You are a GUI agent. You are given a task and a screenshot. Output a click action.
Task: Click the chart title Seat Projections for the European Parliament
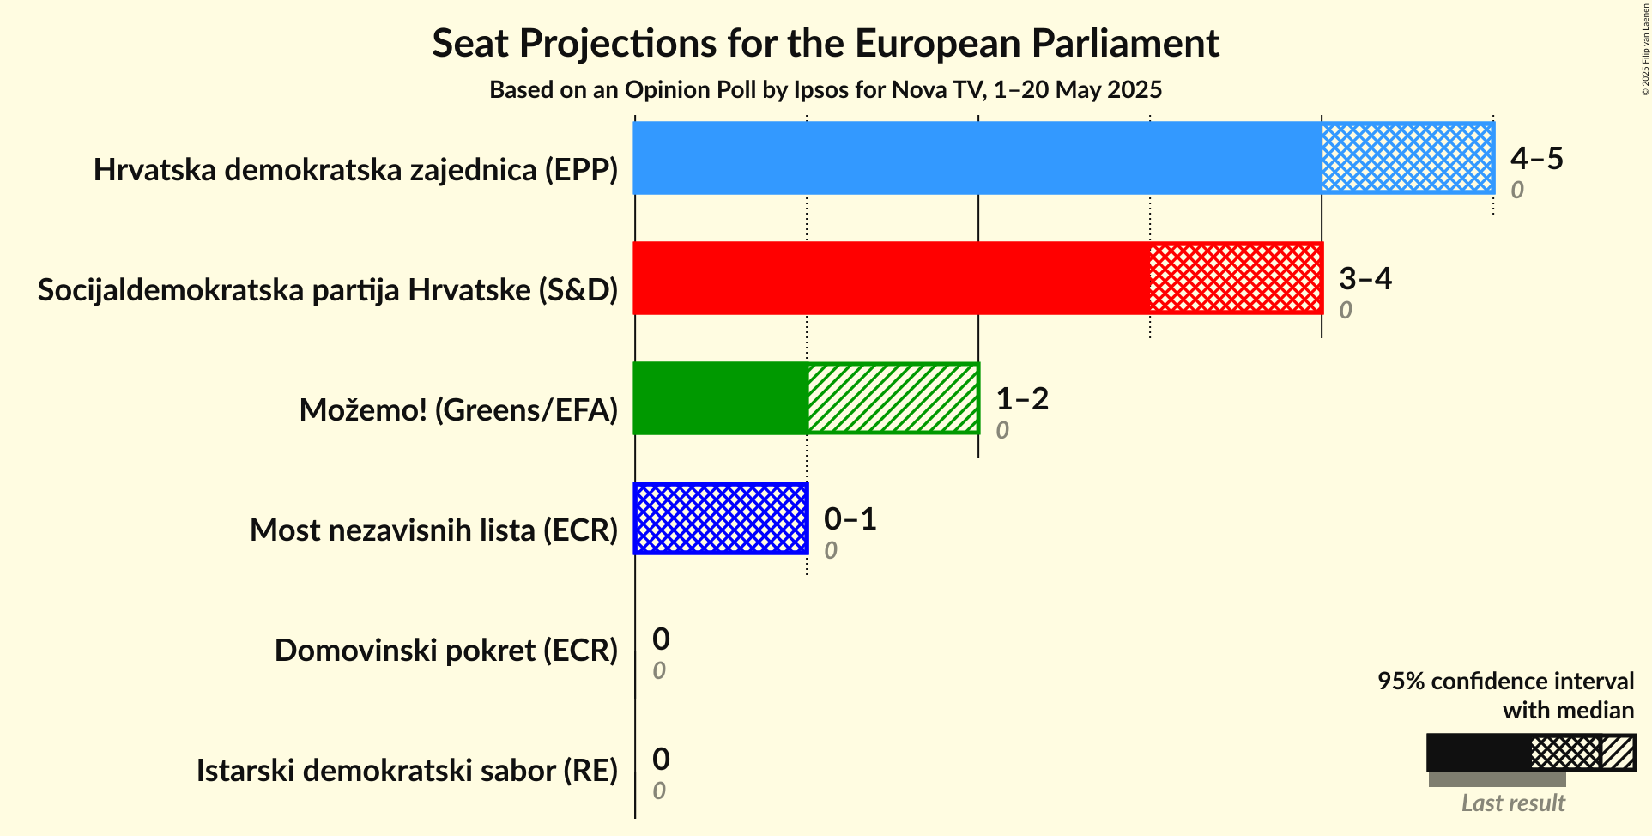[x=825, y=43]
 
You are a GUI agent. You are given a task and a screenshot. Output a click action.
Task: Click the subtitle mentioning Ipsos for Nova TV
[x=825, y=90]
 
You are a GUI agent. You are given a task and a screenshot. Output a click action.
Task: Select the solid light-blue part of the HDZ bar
[x=977, y=158]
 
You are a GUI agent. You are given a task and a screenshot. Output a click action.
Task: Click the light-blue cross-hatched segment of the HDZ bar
[x=1407, y=158]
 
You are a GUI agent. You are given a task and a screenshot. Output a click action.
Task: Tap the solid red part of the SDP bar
[x=891, y=278]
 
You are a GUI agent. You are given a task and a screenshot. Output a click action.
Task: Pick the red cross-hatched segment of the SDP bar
[x=1236, y=278]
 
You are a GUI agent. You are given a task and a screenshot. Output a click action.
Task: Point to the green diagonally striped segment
[x=893, y=398]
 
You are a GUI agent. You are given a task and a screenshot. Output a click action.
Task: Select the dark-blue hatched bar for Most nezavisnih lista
[x=721, y=518]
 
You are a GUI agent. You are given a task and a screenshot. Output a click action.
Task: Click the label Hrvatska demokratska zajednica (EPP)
[x=355, y=170]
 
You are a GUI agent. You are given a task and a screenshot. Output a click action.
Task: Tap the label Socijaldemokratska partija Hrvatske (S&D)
[x=328, y=290]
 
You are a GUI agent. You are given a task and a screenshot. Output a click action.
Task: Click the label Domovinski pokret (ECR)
[x=446, y=651]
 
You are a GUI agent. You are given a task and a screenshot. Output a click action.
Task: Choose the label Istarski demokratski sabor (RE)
[x=407, y=771]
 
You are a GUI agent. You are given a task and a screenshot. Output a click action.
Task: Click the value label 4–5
[x=1536, y=158]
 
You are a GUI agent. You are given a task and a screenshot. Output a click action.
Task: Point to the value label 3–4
[x=1365, y=278]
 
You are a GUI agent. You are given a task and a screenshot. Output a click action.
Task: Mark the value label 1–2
[x=1021, y=398]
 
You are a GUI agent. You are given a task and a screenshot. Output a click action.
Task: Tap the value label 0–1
[x=850, y=518]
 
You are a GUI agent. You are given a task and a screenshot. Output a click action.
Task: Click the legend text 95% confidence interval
[x=1505, y=682]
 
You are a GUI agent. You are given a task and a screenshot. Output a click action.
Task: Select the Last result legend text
[x=1513, y=803]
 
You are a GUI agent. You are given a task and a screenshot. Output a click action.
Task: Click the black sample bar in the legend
[x=1478, y=753]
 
